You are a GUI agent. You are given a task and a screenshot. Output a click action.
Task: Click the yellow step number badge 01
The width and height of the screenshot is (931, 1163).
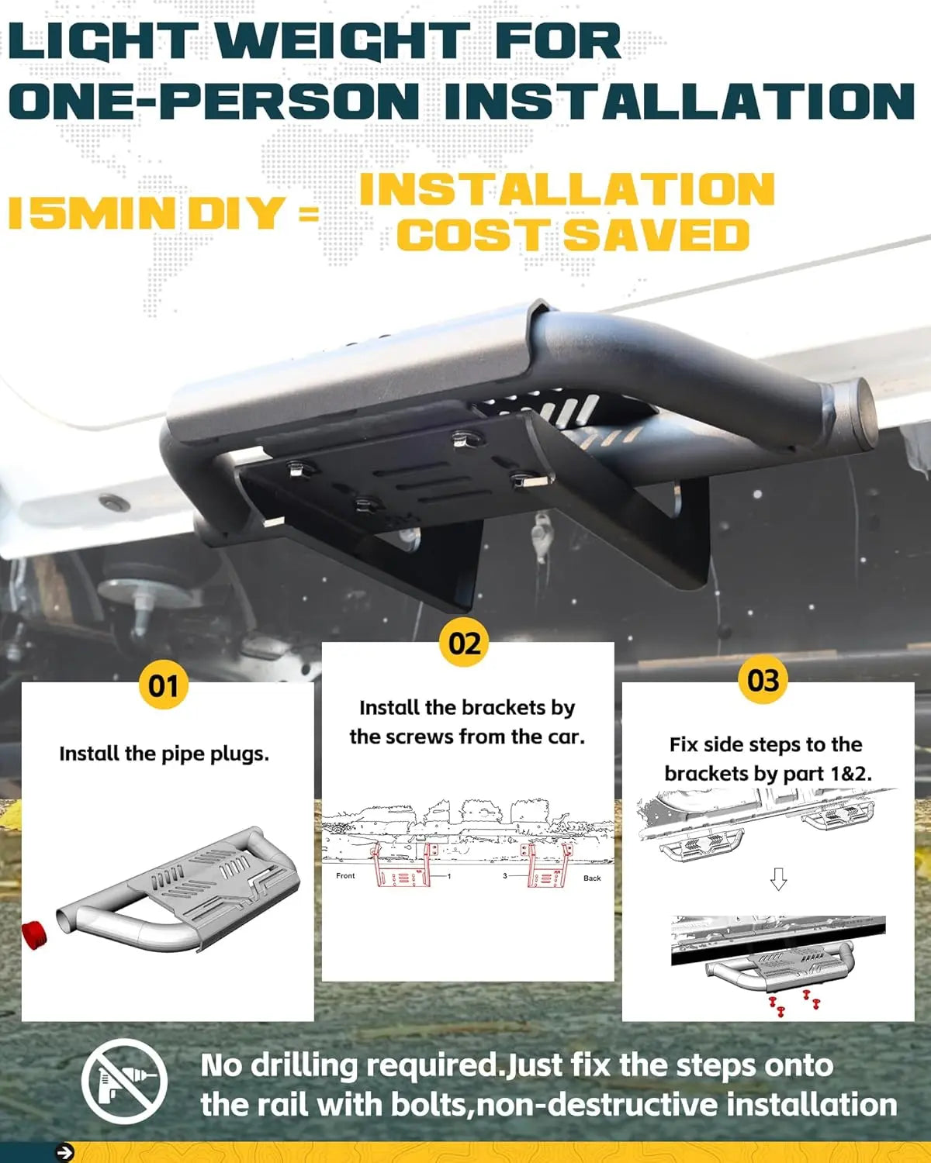[x=164, y=685]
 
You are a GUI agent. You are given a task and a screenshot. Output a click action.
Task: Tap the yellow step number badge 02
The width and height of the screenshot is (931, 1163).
[x=465, y=643]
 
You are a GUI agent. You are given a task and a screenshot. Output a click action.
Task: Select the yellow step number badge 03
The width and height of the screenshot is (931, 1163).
[x=763, y=679]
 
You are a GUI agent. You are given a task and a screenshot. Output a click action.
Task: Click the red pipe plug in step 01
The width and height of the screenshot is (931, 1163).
[x=34, y=934]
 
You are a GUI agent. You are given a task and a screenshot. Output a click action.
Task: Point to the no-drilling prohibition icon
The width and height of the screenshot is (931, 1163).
[x=124, y=1082]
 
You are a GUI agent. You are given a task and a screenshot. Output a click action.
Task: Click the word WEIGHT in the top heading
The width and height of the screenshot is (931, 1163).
[x=344, y=42]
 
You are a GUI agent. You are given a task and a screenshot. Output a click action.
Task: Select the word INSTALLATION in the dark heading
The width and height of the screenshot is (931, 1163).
[x=680, y=101]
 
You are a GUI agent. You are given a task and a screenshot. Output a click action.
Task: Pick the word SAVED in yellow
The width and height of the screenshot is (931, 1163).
[x=656, y=235]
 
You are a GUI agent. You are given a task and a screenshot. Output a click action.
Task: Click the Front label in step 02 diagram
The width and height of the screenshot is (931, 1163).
[x=345, y=875]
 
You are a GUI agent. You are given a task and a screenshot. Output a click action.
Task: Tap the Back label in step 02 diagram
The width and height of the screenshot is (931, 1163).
[x=592, y=878]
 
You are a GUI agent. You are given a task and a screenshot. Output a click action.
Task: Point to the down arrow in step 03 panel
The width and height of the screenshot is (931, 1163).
[x=778, y=879]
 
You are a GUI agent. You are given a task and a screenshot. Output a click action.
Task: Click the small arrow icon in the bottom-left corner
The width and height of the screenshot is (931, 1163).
[x=65, y=1152]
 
